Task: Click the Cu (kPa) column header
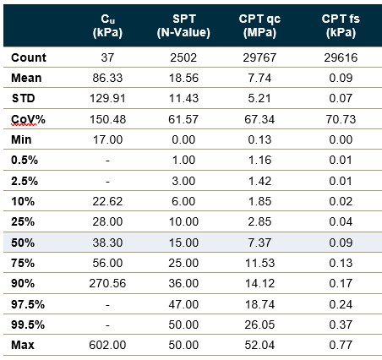(107, 26)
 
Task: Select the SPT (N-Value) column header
(183, 26)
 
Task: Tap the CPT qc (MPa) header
(259, 26)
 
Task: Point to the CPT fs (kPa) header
(341, 26)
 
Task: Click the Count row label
(29, 57)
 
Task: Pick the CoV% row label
(28, 119)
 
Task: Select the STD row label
(24, 99)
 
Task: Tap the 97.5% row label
(28, 304)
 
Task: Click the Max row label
(23, 345)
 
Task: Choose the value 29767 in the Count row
(259, 57)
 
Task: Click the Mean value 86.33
(107, 78)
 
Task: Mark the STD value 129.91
(107, 99)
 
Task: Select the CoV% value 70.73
(341, 119)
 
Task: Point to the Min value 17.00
(107, 139)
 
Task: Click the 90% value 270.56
(107, 283)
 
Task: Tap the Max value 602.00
(107, 345)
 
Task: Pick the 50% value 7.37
(259, 243)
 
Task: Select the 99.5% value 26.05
(259, 325)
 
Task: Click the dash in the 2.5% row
(107, 181)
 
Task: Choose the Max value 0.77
(341, 345)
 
